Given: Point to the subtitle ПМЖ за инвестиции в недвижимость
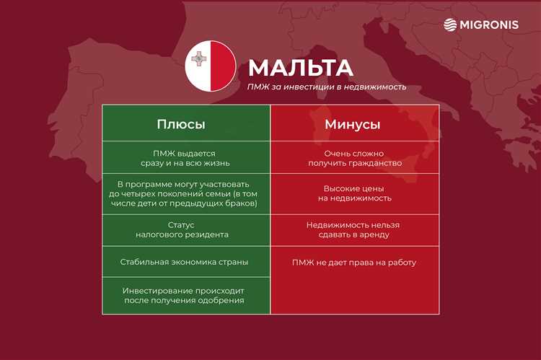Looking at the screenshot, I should [x=326, y=87].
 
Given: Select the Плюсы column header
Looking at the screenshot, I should [x=181, y=124].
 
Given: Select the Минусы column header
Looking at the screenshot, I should [x=353, y=124].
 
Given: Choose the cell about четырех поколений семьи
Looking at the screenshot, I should [x=186, y=194].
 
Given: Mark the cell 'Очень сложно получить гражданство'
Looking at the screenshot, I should [x=353, y=158].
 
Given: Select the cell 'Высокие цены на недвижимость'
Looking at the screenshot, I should [x=353, y=193].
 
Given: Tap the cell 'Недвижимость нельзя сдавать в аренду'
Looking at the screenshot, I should [x=353, y=229].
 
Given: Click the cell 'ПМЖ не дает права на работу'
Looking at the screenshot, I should [x=353, y=263].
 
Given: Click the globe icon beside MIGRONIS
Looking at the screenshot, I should [x=450, y=25].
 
